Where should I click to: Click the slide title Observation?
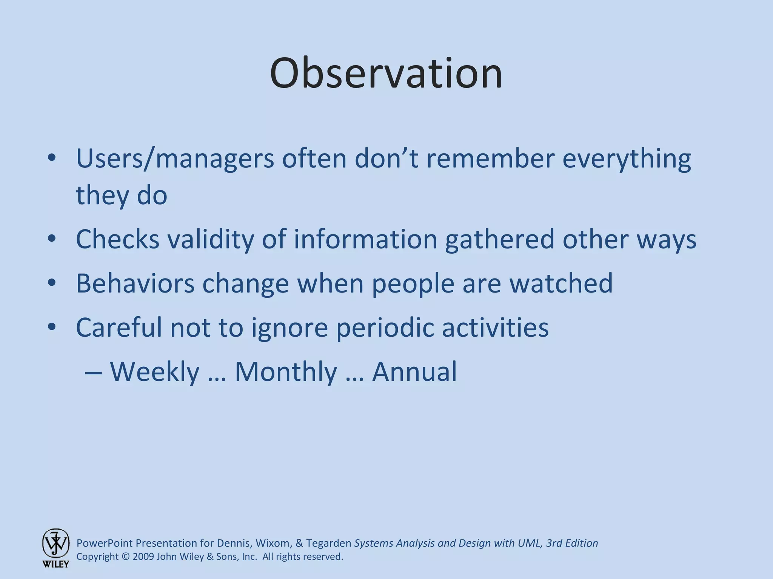coord(386,74)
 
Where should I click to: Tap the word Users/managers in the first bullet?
coord(175,158)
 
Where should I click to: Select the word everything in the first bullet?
coord(627,159)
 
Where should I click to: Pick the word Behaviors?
coord(135,283)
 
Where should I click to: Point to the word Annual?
coord(414,371)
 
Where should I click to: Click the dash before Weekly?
coord(93,372)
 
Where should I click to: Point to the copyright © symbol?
coord(126,557)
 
